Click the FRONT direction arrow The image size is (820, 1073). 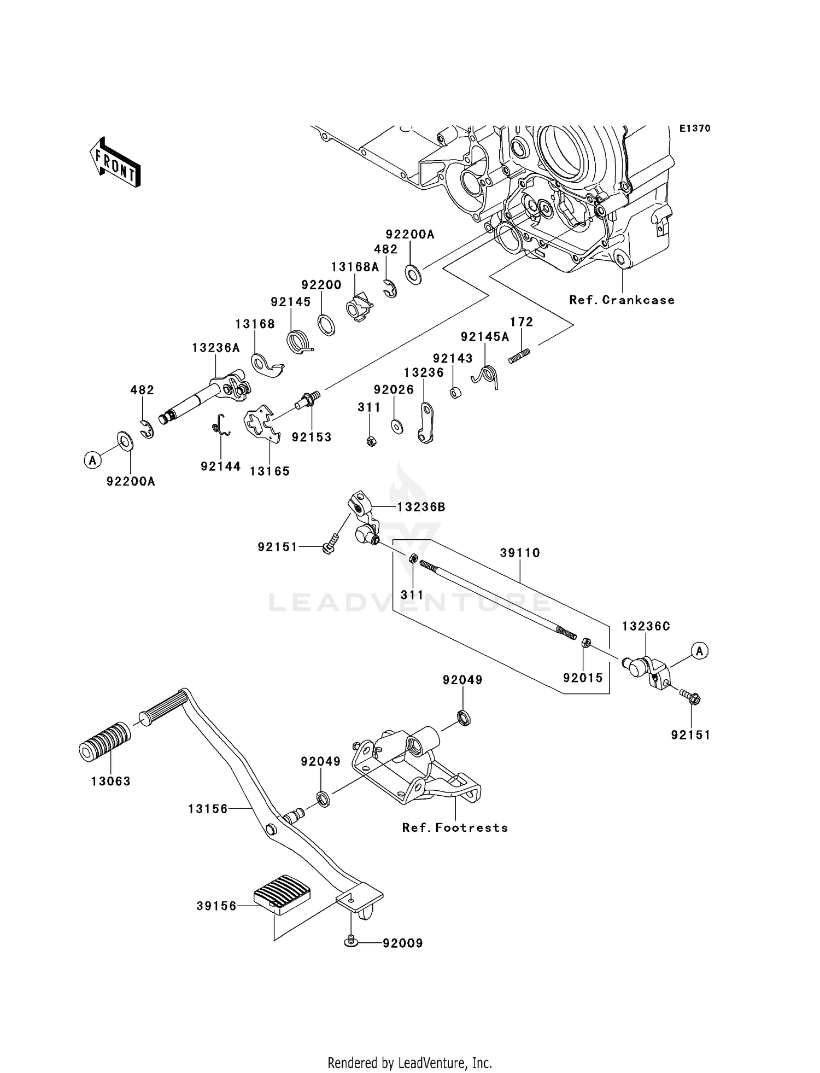coord(115,164)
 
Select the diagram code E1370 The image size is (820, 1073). coord(695,129)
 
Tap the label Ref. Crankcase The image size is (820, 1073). coord(622,300)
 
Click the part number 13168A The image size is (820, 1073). coord(355,266)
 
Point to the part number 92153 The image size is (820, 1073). coord(312,437)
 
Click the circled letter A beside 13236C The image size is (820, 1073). coord(699,651)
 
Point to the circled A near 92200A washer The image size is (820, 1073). coord(93,460)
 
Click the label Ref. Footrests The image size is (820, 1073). coord(455,827)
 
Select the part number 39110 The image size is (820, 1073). coord(519,553)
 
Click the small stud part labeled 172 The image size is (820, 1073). coord(519,356)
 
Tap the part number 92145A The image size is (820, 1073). coord(484,337)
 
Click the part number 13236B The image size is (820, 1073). coord(421,507)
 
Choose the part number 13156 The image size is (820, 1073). coord(208,808)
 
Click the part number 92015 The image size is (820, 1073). coord(583,678)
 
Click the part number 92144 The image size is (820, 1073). coord(220,466)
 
